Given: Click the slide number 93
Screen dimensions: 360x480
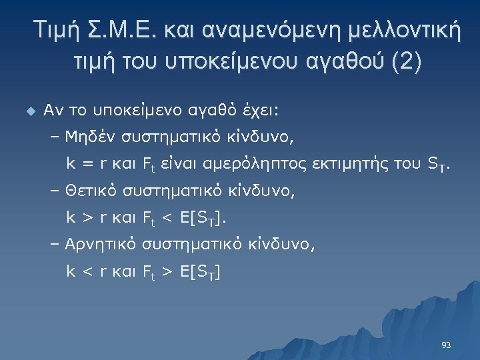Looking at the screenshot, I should coord(447,345).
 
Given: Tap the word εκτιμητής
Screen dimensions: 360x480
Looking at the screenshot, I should coord(356,164).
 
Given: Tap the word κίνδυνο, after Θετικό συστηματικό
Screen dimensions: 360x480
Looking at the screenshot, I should coord(265,192).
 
